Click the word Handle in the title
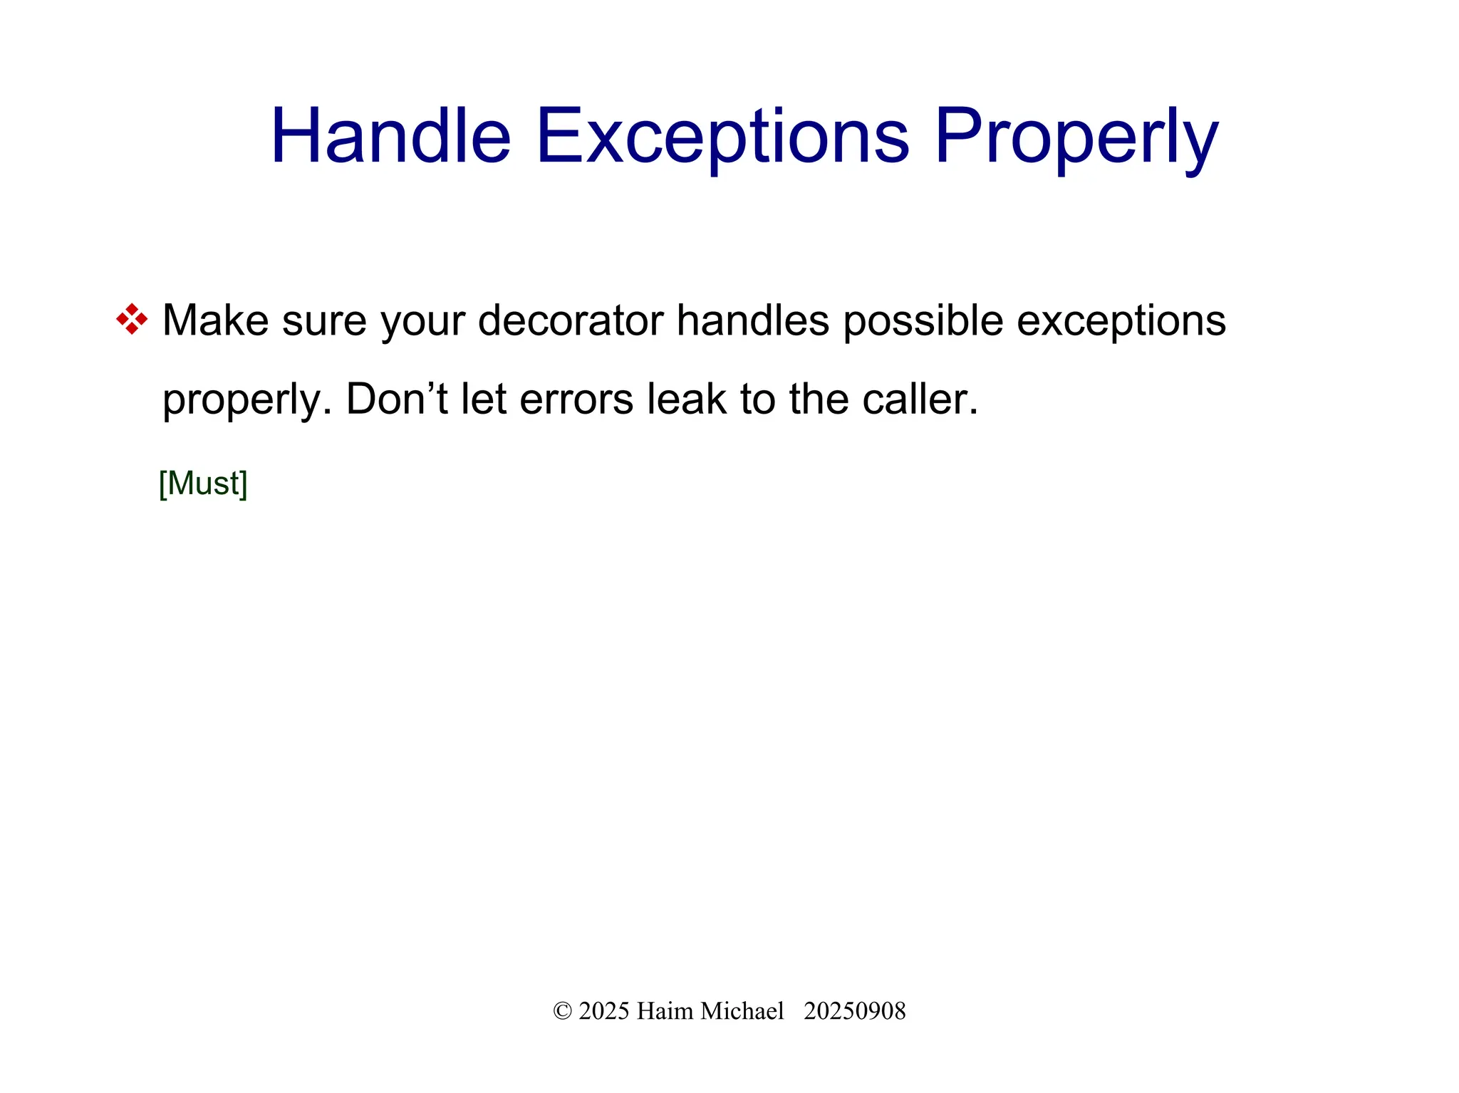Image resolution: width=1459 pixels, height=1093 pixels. [x=390, y=135]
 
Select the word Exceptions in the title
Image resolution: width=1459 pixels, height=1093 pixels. [x=722, y=135]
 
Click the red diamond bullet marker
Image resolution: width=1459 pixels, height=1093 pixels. [x=132, y=319]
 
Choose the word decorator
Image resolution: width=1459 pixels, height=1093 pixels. [x=570, y=320]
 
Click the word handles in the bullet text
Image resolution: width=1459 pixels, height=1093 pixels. [x=752, y=320]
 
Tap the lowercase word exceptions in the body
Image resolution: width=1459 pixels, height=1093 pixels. [x=1121, y=320]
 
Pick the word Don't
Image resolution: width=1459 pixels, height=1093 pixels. [x=397, y=399]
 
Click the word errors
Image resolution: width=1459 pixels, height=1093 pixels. [x=576, y=399]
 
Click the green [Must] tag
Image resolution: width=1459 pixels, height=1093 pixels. [x=203, y=483]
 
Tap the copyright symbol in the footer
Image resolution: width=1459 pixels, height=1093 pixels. [x=562, y=1011]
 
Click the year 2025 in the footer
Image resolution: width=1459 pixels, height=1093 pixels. [x=603, y=1011]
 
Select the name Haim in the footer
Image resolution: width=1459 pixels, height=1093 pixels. [x=664, y=1011]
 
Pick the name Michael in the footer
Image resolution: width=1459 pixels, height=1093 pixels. [x=742, y=1011]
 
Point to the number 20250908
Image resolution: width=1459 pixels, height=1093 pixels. [x=854, y=1011]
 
